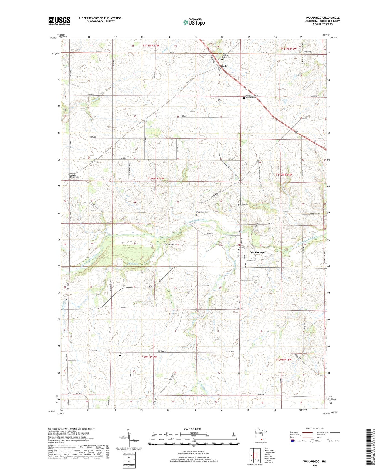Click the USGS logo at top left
click(59, 21)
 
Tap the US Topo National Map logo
click(194, 22)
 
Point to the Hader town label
click(225, 66)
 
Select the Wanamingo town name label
click(257, 252)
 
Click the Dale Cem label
click(123, 353)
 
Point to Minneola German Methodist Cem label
click(252, 97)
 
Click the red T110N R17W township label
click(155, 179)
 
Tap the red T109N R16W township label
click(284, 360)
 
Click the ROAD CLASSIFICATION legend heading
click(315, 429)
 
